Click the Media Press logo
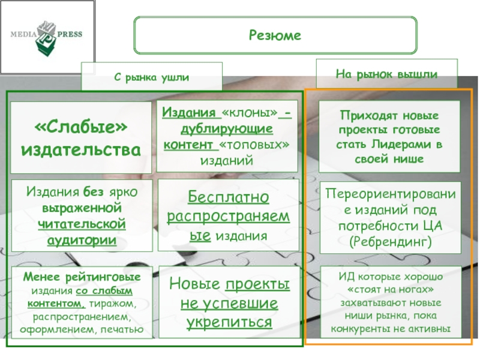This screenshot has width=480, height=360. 46,36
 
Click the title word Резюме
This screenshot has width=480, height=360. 275,36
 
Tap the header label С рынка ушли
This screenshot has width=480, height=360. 152,77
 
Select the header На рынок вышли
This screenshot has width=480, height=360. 387,73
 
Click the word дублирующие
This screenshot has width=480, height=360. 227,129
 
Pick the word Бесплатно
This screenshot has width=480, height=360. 228,197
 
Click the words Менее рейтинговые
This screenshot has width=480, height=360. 82,278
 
